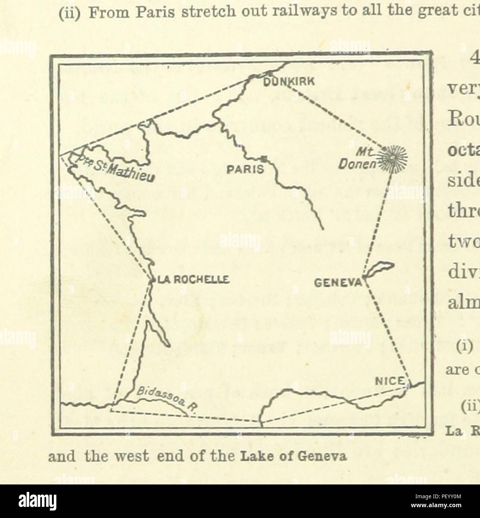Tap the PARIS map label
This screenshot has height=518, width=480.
tap(245, 170)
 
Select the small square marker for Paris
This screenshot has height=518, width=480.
tap(264, 159)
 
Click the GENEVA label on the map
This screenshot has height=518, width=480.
tap(338, 282)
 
